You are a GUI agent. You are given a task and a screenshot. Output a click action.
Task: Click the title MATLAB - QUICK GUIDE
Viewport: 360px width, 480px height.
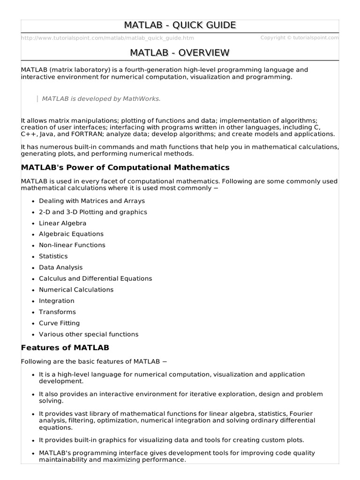point(180,25)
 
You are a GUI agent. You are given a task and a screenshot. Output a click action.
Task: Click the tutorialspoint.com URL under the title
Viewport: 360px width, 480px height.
point(107,38)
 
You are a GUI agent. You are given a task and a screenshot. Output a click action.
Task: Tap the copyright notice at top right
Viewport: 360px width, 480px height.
point(299,38)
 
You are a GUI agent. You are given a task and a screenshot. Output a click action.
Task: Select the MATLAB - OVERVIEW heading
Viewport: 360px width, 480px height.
point(180,52)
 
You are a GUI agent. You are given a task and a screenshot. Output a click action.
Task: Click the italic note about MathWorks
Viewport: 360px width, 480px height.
point(101,98)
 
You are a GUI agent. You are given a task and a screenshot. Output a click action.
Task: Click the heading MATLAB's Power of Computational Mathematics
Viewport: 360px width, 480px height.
point(125,167)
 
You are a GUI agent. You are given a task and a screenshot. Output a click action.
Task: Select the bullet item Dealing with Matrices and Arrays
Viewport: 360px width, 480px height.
point(92,201)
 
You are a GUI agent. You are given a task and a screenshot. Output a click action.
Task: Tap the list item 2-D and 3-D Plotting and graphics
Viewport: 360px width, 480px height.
point(93,212)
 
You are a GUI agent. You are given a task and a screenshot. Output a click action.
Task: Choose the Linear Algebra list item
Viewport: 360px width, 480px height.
point(62,223)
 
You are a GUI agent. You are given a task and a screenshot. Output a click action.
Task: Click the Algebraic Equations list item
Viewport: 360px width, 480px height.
point(71,234)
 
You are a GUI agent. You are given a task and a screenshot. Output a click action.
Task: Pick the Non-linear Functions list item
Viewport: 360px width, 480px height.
point(72,245)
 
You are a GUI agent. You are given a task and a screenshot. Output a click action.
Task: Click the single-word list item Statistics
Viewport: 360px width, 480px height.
point(53,256)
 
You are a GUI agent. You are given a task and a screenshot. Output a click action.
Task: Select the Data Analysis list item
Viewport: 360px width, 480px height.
point(60,267)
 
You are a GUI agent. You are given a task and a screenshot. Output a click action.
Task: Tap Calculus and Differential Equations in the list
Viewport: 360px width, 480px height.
point(95,278)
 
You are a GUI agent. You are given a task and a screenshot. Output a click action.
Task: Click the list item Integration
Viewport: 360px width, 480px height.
point(56,301)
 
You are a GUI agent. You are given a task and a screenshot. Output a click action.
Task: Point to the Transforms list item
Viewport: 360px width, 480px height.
point(57,312)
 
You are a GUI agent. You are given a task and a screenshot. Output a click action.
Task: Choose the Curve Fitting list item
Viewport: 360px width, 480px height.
point(59,323)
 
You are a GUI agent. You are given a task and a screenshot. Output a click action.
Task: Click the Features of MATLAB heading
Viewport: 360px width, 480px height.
point(65,347)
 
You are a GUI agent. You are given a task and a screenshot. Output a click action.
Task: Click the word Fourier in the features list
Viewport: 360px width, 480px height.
point(301,413)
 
